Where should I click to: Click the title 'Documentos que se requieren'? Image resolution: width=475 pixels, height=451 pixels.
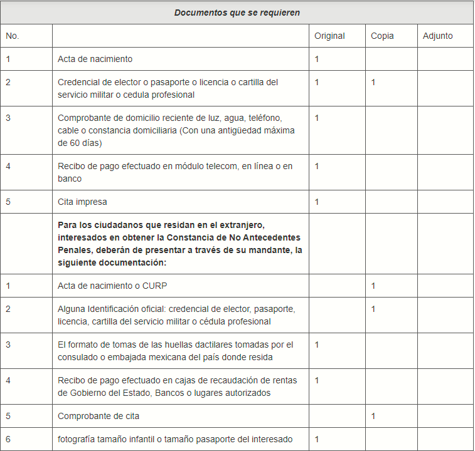(x=237, y=13)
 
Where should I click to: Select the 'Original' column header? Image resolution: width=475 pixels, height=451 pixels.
(x=329, y=36)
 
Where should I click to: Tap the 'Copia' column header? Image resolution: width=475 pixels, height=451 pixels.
(x=382, y=36)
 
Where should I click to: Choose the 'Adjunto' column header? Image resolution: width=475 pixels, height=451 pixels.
(x=437, y=36)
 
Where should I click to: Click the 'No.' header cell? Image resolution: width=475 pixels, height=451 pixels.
(x=13, y=36)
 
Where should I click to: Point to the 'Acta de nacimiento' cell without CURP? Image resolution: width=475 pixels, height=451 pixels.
(x=95, y=59)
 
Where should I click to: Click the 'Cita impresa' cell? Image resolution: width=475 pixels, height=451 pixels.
(x=82, y=202)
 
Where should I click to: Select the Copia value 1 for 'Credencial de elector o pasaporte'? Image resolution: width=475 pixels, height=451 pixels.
(x=373, y=82)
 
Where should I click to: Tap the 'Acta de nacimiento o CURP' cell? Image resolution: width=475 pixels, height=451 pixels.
(x=112, y=286)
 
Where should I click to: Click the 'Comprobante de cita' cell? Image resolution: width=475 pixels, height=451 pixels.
(x=99, y=416)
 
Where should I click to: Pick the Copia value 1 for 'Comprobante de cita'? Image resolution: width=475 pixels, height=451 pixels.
(x=373, y=416)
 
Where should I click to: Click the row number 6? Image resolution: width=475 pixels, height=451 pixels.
(x=8, y=439)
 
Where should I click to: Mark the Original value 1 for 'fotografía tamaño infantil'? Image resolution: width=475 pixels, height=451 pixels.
(x=317, y=439)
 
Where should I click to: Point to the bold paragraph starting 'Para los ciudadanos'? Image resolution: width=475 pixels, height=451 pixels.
(x=179, y=244)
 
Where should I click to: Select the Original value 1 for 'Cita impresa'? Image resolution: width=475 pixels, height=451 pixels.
(x=317, y=202)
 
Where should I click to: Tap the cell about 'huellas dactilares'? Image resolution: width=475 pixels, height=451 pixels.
(x=176, y=351)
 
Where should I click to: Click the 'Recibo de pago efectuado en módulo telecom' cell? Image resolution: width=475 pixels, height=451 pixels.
(x=175, y=172)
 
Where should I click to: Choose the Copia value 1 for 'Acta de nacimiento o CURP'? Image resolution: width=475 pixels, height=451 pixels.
(x=373, y=286)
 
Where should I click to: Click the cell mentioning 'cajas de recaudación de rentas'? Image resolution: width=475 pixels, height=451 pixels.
(x=178, y=386)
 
